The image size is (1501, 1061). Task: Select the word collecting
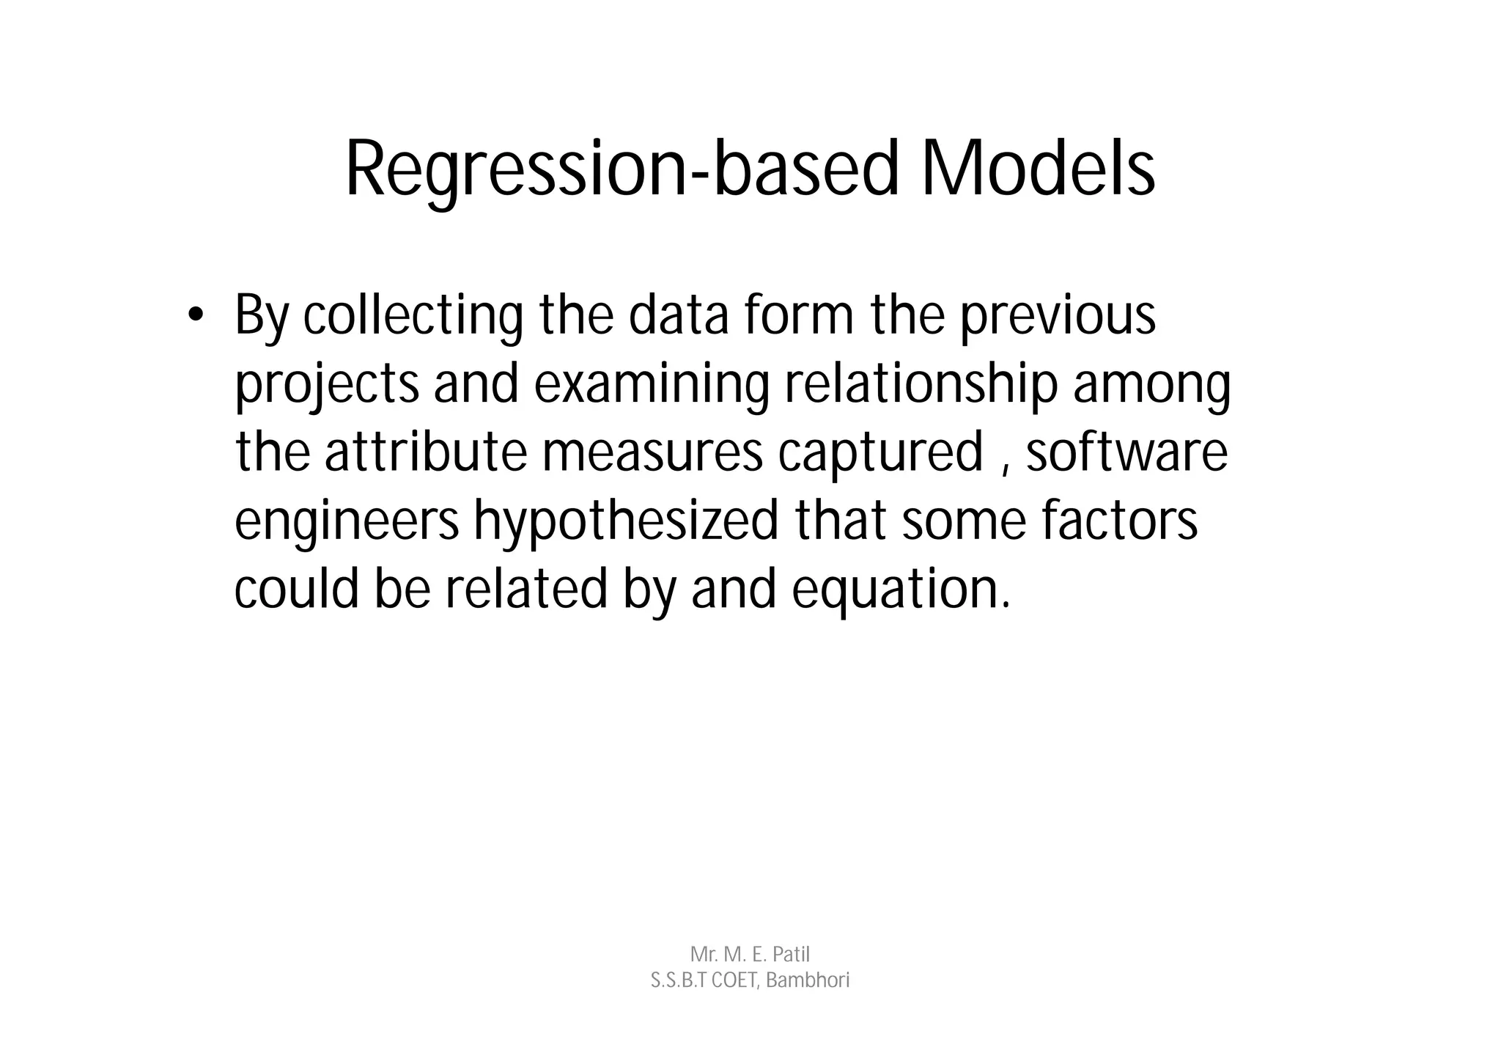pyautogui.click(x=413, y=315)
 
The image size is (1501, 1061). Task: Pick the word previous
pyautogui.click(x=1057, y=315)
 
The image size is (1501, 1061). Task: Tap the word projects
pyautogui.click(x=327, y=384)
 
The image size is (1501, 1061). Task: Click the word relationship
pyautogui.click(x=921, y=384)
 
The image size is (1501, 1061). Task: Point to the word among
pyautogui.click(x=1151, y=384)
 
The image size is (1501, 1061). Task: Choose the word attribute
pyautogui.click(x=426, y=452)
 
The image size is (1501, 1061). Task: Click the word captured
pyautogui.click(x=880, y=452)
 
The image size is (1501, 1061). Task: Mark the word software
pyautogui.click(x=1126, y=452)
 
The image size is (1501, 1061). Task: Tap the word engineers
pyautogui.click(x=347, y=521)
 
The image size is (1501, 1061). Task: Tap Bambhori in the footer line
pyautogui.click(x=808, y=980)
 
